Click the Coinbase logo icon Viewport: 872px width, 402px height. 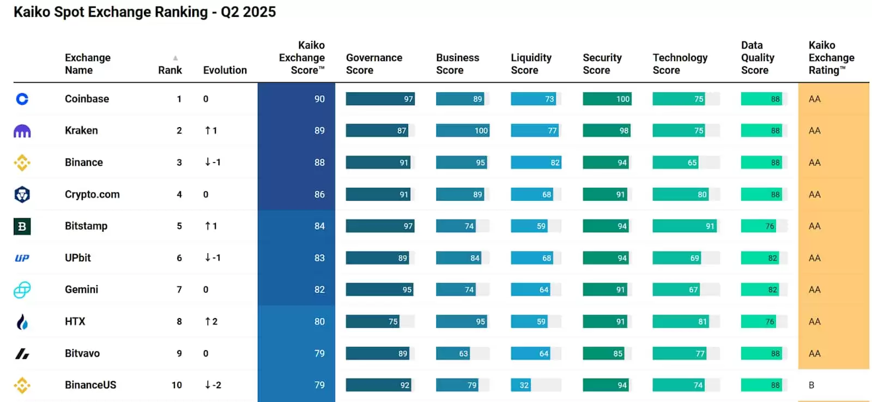pyautogui.click(x=22, y=99)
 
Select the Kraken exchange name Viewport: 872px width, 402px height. pyautogui.click(x=81, y=130)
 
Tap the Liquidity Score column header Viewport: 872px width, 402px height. pyautogui.click(x=531, y=64)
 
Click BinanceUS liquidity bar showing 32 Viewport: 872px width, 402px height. pyautogui.click(x=520, y=385)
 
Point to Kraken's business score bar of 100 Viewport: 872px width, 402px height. pyautogui.click(x=462, y=130)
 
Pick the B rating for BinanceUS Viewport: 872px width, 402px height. pyautogui.click(x=812, y=385)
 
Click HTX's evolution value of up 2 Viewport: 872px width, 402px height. pyautogui.click(x=211, y=321)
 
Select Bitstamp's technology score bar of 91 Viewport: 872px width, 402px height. pyautogui.click(x=684, y=226)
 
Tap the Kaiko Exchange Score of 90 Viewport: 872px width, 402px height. pyautogui.click(x=319, y=99)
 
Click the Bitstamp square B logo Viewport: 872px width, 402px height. pyautogui.click(x=22, y=226)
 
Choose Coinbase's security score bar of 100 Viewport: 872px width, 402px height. pyautogui.click(x=607, y=99)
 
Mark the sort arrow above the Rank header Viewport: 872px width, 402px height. pyautogui.click(x=175, y=58)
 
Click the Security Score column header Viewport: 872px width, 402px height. pyautogui.click(x=602, y=64)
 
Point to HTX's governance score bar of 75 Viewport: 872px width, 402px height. pyautogui.click(x=373, y=321)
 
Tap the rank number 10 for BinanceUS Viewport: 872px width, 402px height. pyautogui.click(x=177, y=385)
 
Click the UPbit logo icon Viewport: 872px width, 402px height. pyautogui.click(x=22, y=258)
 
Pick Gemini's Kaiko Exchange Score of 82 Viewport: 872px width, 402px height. pyautogui.click(x=319, y=290)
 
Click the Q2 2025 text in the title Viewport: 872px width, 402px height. pyautogui.click(x=248, y=12)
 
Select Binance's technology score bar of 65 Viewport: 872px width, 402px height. pyautogui.click(x=675, y=163)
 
